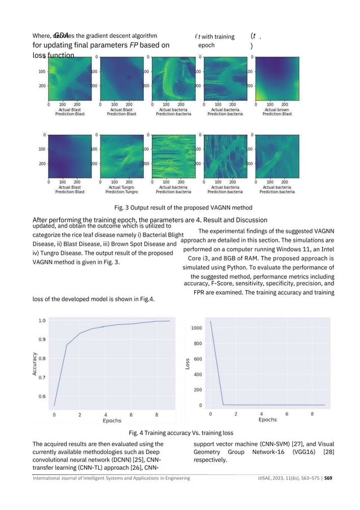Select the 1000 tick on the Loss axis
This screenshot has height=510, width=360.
click(x=195, y=328)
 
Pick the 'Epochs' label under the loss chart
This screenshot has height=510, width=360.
click(x=267, y=420)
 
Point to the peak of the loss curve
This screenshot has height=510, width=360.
click(x=211, y=322)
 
